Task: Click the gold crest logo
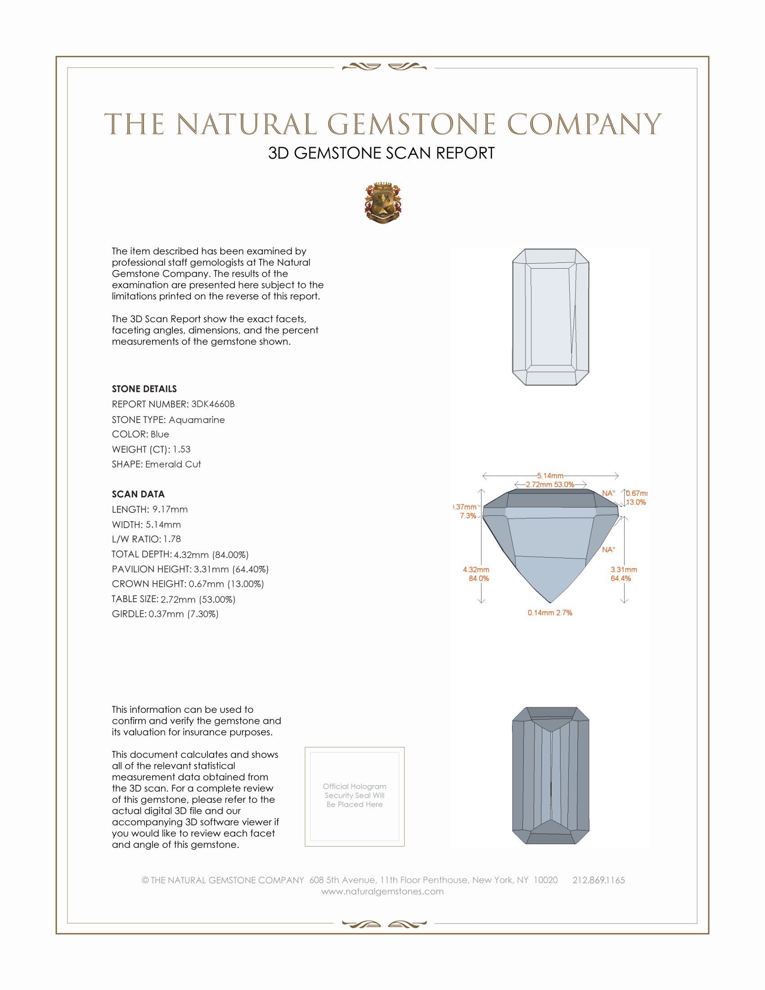pyautogui.click(x=382, y=203)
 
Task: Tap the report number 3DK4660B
pyautogui.click(x=212, y=404)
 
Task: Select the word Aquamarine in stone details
pyautogui.click(x=196, y=420)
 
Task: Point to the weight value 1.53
pyautogui.click(x=181, y=449)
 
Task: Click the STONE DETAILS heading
pyautogui.click(x=144, y=389)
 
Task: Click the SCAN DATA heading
pyautogui.click(x=138, y=494)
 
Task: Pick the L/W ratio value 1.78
pyautogui.click(x=172, y=539)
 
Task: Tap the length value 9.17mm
pyautogui.click(x=170, y=509)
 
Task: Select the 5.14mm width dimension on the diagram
pyautogui.click(x=550, y=476)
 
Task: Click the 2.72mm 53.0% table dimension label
pyautogui.click(x=550, y=485)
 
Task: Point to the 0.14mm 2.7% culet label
pyautogui.click(x=550, y=613)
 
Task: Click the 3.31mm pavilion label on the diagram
pyautogui.click(x=624, y=570)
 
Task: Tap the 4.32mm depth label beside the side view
pyautogui.click(x=476, y=570)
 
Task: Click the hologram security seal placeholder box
pyautogui.click(x=355, y=796)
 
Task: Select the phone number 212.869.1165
pyautogui.click(x=598, y=880)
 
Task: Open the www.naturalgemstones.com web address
pyautogui.click(x=382, y=891)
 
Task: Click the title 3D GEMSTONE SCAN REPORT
pyautogui.click(x=381, y=153)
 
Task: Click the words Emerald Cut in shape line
pyautogui.click(x=173, y=464)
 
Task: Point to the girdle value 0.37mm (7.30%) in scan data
pyautogui.click(x=184, y=614)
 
